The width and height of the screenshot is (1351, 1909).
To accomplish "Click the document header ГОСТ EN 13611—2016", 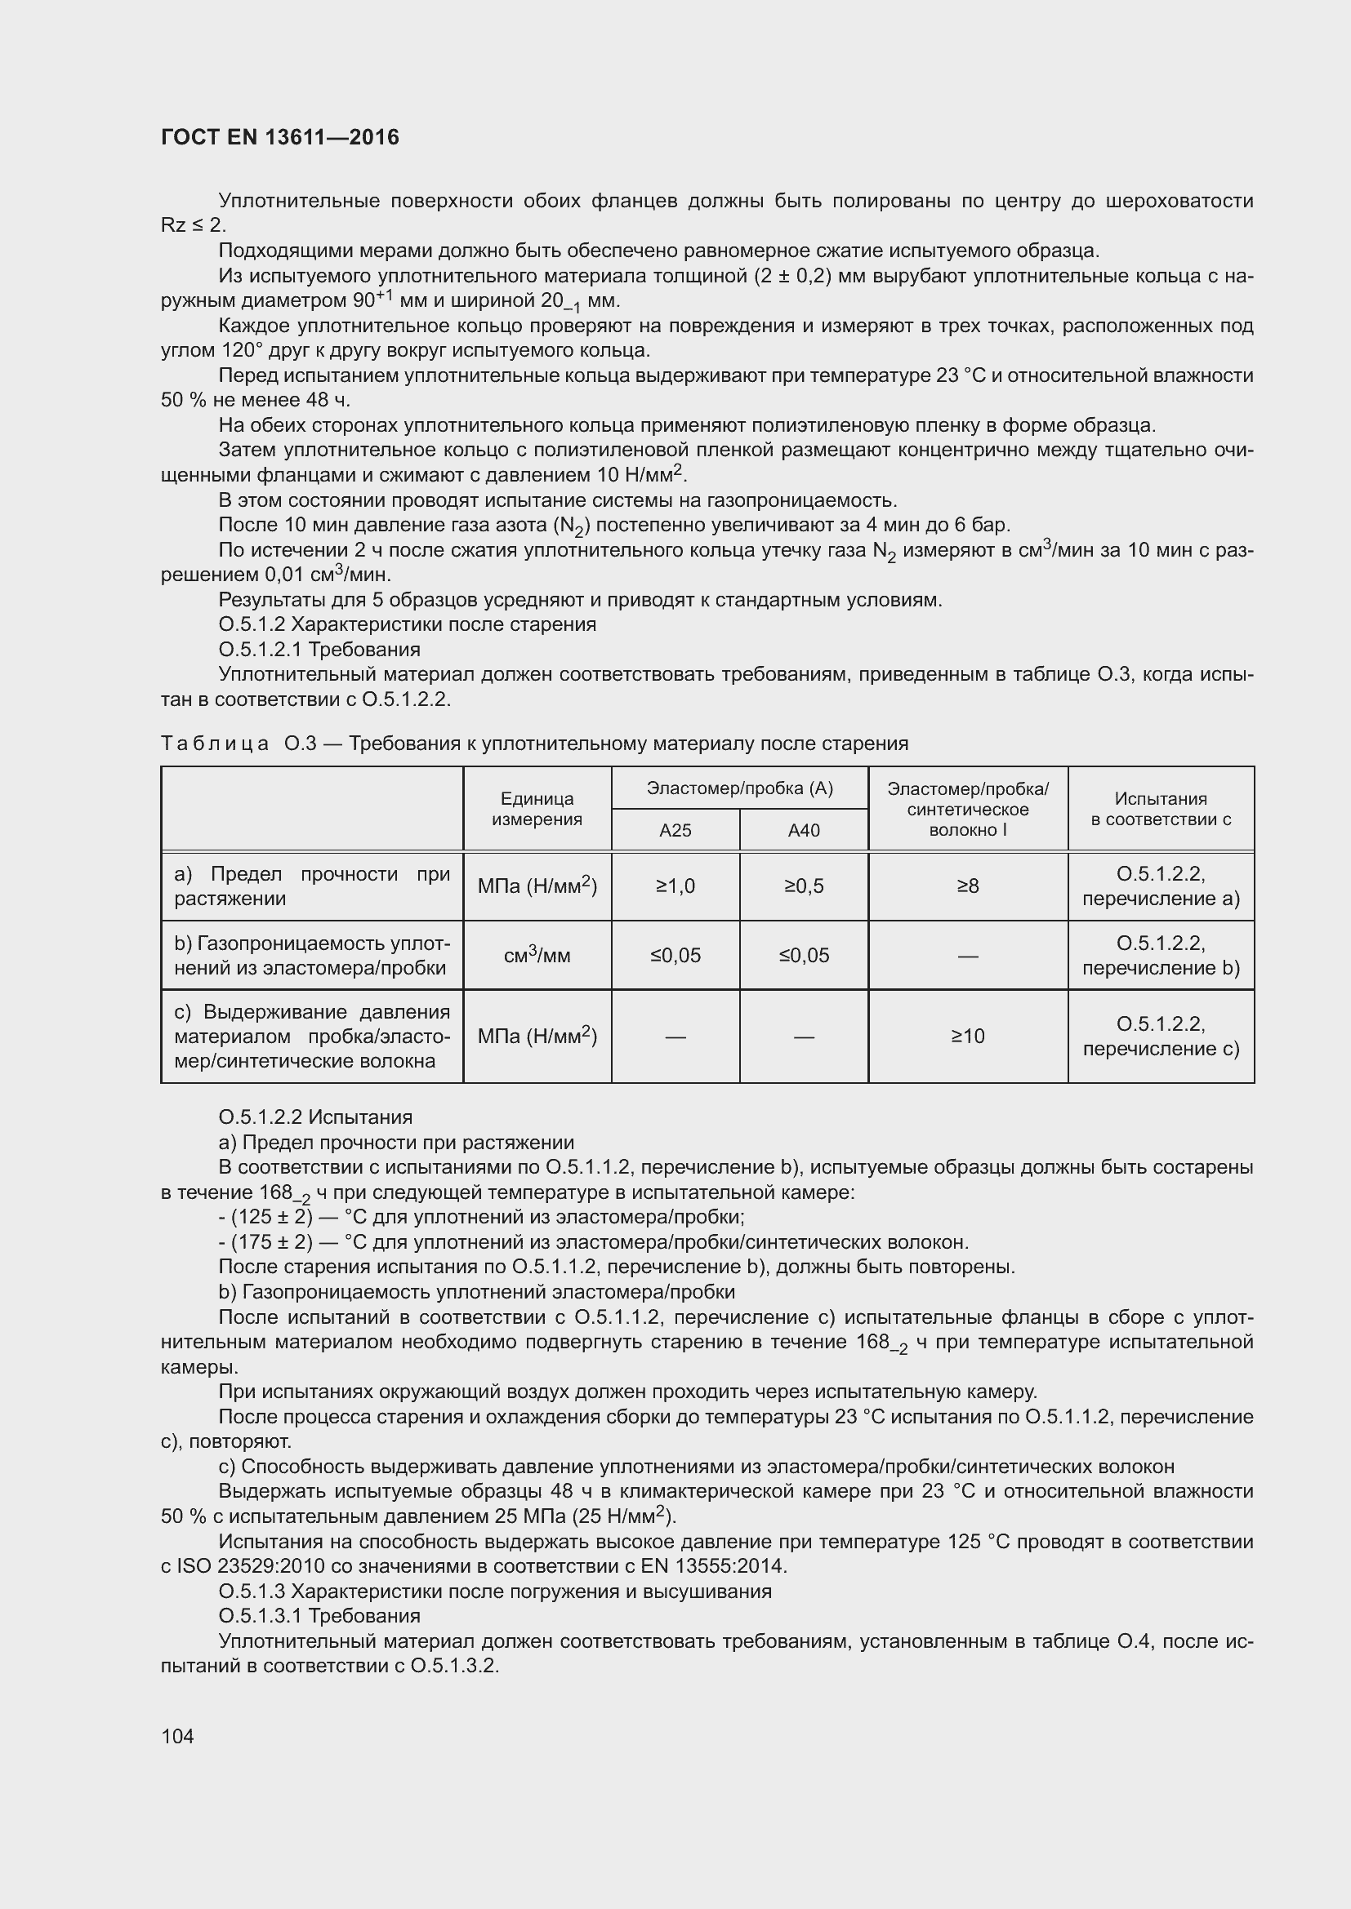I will click(279, 137).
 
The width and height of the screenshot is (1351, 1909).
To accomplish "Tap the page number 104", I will click(177, 1736).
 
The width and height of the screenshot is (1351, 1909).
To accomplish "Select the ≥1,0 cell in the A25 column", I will click(675, 886).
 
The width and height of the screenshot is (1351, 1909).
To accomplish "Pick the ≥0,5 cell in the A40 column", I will click(804, 886).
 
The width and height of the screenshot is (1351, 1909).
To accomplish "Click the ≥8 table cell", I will click(967, 886).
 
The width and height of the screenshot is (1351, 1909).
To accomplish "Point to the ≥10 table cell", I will click(967, 1036).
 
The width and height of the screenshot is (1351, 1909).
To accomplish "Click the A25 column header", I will click(675, 830).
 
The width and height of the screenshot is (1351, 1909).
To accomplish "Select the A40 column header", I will click(804, 830).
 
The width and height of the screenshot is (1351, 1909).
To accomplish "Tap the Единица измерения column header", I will click(537, 809).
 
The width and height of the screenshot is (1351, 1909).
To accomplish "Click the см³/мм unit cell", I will click(537, 956).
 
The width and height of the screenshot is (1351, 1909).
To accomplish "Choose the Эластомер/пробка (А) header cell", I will click(739, 788).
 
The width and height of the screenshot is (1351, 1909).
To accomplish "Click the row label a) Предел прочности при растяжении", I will click(311, 886).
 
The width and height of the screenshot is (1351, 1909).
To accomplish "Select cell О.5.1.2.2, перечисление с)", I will click(1161, 1036).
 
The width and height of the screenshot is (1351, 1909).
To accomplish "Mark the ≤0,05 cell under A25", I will click(675, 956).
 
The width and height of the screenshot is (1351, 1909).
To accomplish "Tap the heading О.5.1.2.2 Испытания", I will click(315, 1117).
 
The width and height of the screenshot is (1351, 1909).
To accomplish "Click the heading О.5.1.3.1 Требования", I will click(319, 1615).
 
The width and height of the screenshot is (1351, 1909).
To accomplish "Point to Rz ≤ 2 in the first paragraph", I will click(192, 225).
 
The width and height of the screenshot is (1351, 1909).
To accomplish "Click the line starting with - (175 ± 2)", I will click(593, 1242).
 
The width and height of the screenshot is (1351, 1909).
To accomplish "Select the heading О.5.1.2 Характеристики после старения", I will click(407, 624).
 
